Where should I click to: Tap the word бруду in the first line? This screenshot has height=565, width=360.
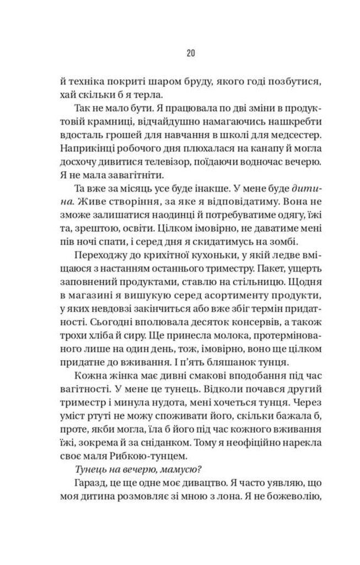[191, 81]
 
